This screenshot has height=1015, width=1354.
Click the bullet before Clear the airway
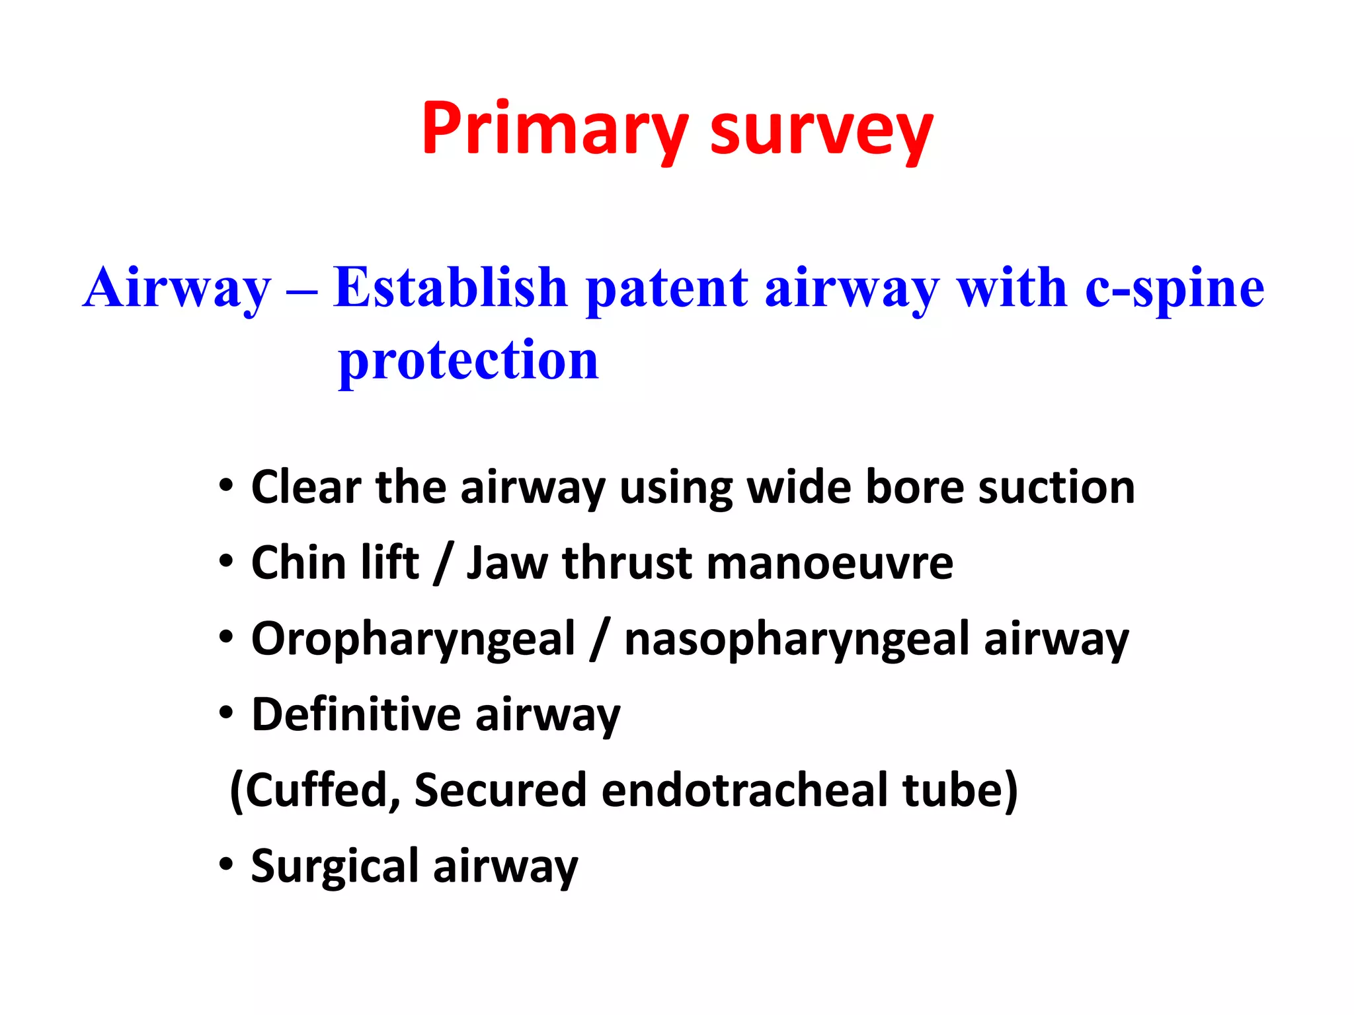click(x=227, y=486)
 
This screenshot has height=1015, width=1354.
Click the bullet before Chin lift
click(x=227, y=562)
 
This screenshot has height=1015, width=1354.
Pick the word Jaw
click(x=506, y=564)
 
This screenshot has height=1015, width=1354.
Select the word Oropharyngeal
click(x=413, y=640)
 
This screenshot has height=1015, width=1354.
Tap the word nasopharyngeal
click(x=795, y=640)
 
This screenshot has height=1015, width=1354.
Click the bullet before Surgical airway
click(x=227, y=864)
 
